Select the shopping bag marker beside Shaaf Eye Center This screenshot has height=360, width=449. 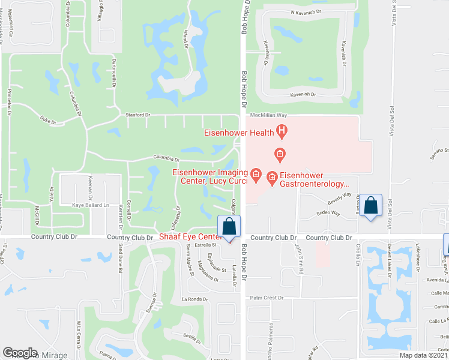point(229,227)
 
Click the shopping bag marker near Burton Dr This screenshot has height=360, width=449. point(371,206)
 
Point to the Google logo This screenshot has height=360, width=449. point(20,353)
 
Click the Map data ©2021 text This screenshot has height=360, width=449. point(423,355)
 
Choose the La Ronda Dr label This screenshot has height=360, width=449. point(194,299)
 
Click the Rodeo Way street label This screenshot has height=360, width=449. point(328,212)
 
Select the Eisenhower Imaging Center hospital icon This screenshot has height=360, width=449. point(256,175)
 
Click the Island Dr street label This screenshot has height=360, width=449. point(187,40)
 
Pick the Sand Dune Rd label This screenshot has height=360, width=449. point(120,255)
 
